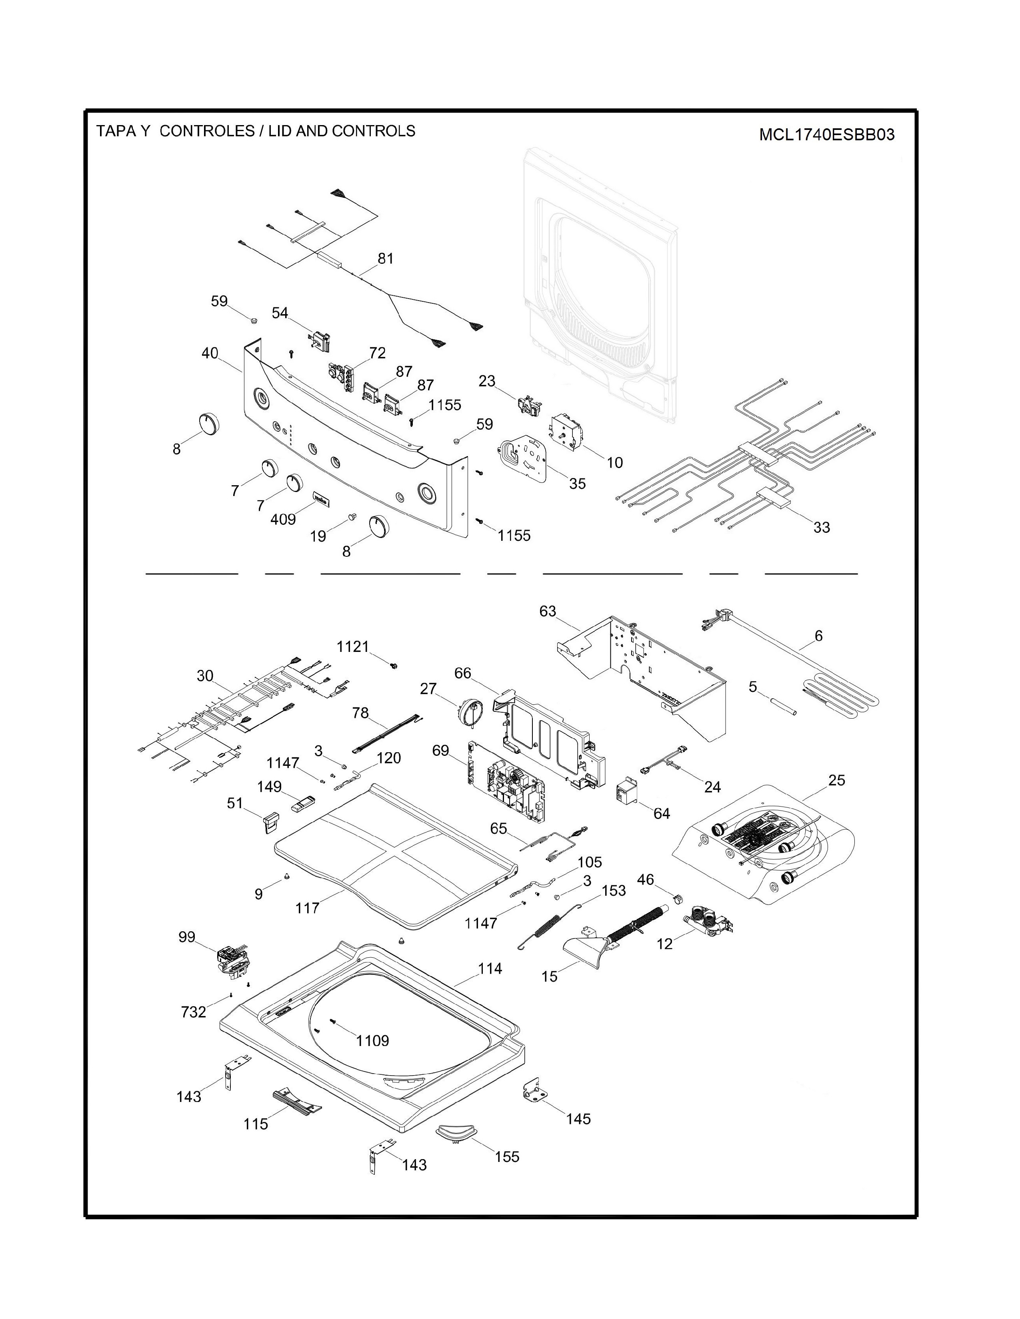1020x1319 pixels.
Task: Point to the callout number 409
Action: (x=283, y=519)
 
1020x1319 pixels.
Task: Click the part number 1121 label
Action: (x=352, y=647)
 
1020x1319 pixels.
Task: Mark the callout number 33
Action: (x=821, y=527)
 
